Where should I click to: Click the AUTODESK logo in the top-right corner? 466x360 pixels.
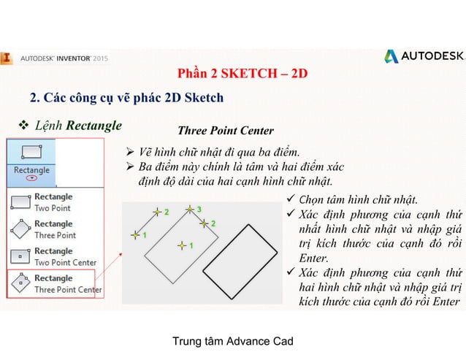tap(424, 57)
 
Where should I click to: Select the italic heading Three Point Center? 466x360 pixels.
tap(226, 131)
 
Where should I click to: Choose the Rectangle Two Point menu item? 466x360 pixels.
tap(53, 202)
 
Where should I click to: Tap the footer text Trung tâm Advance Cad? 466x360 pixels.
tap(232, 342)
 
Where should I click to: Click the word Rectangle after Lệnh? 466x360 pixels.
tap(94, 126)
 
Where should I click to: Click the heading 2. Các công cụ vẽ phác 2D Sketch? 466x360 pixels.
tap(126, 97)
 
